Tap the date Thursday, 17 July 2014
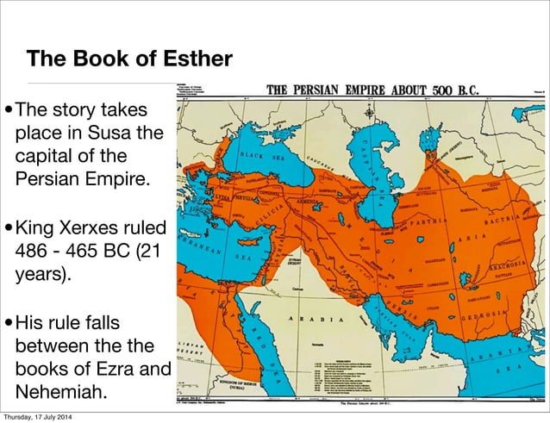pyautogui.click(x=48, y=416)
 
